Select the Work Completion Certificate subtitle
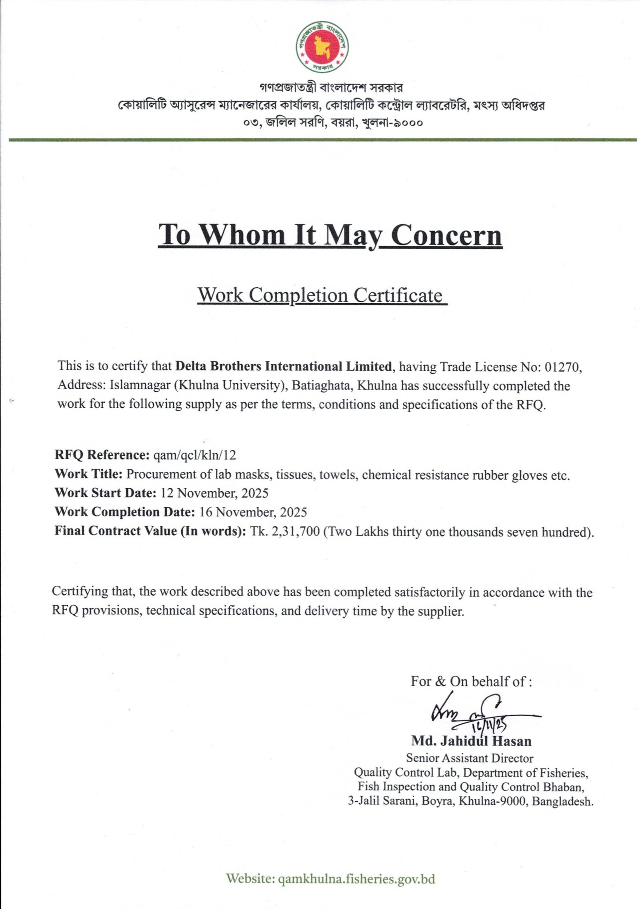(321, 296)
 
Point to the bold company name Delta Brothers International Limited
(284, 366)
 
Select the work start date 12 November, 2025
(214, 493)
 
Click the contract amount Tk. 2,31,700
(285, 531)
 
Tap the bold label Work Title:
(88, 474)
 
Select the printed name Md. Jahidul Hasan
(471, 741)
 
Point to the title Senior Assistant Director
(470, 758)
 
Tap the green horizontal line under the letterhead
(322, 140)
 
